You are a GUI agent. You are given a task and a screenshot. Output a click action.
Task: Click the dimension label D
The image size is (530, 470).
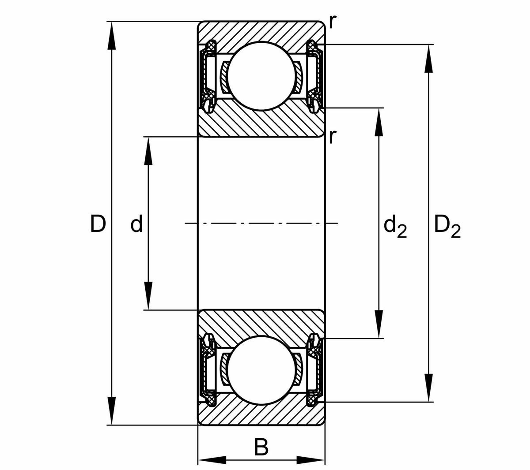click(98, 224)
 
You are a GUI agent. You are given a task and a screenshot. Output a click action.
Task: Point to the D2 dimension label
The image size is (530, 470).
click(447, 226)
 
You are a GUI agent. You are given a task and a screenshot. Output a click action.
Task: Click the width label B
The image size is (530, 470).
click(261, 448)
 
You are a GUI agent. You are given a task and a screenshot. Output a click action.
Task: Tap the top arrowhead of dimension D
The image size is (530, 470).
click(112, 35)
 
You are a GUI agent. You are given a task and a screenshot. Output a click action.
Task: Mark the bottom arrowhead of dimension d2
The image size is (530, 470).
click(379, 325)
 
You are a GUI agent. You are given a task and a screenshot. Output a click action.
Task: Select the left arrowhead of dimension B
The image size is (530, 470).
click(212, 460)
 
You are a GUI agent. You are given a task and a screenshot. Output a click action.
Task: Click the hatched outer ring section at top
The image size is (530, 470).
click(261, 31)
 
